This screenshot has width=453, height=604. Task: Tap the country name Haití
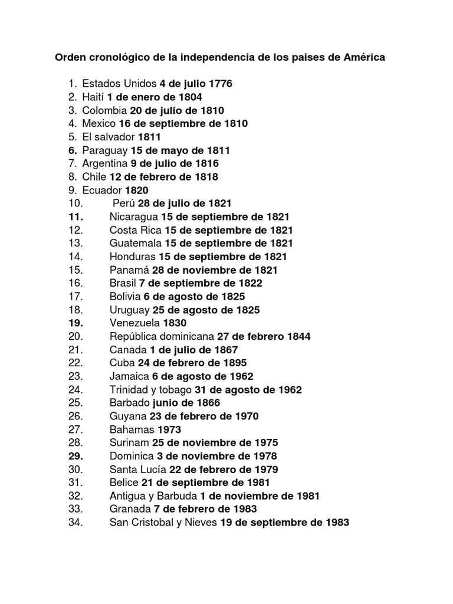pos(93,97)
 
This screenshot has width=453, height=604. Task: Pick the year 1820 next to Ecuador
pos(137,190)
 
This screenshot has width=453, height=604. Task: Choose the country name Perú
pos(123,203)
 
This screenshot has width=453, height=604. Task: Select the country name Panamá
pos(129,270)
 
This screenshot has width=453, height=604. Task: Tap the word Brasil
pos(123,283)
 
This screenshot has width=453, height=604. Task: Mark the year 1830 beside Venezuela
pos(175,323)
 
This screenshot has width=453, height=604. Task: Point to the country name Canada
pos(127,350)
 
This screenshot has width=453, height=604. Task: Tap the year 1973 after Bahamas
pos(169,429)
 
